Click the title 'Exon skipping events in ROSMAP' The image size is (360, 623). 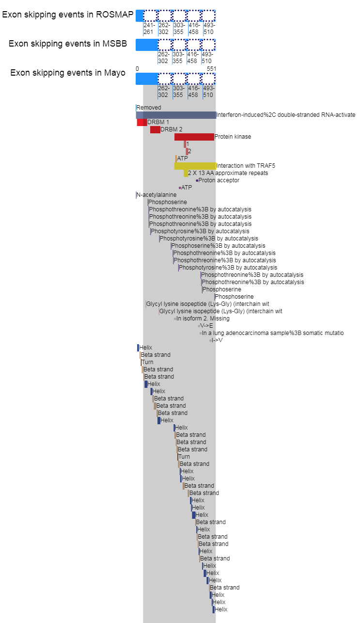67,15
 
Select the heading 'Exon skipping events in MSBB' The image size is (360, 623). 67,44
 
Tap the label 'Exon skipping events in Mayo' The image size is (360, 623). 67,73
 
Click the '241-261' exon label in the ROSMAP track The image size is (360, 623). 148,29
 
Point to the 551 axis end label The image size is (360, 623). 211,69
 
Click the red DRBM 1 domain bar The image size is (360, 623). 141,122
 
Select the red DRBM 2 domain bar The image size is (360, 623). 155,129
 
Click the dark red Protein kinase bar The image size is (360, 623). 194,137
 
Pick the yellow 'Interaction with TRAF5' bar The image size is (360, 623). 195,166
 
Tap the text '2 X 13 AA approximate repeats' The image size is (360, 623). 228,173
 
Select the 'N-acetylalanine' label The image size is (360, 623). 157,195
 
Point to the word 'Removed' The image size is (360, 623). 149,108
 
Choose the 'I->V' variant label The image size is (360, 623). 217,340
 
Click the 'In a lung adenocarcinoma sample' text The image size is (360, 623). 273,333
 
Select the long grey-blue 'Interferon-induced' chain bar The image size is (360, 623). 175,115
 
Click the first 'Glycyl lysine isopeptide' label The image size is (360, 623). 208,304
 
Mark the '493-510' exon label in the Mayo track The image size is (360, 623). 208,92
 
